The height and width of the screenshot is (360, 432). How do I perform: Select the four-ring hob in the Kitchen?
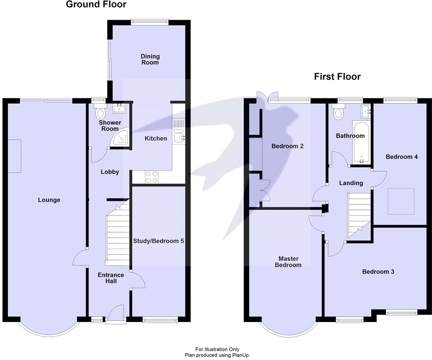pos(152,177)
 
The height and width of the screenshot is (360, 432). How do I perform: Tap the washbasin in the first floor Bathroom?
pos(367,111)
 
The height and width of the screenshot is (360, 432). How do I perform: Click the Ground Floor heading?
pos(96,5)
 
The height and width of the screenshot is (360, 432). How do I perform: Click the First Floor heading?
pos(337,77)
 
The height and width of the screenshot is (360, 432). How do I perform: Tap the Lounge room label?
pos(49,200)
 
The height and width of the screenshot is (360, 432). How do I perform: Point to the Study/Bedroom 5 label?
pos(158,241)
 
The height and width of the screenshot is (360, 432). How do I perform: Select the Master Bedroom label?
pos(288,262)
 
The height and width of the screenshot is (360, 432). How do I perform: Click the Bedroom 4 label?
pos(402,157)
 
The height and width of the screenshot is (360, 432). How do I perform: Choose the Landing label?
pos(351,183)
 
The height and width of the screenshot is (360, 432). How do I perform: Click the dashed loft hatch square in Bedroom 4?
pos(401,201)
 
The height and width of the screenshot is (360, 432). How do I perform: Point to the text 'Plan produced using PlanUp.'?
pos(217,355)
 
